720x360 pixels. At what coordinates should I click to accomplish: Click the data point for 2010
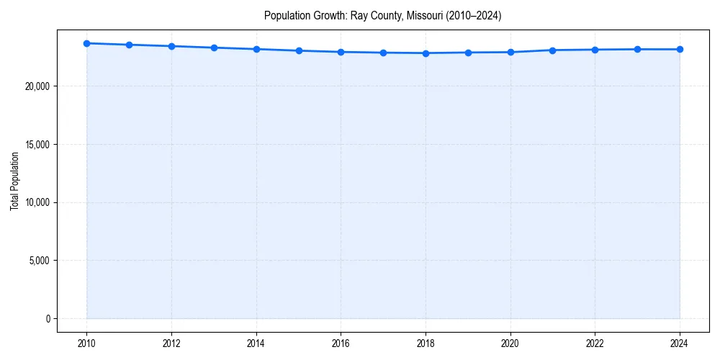[86, 43]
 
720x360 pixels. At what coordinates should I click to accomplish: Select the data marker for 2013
[214, 48]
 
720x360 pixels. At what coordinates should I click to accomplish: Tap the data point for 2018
[426, 53]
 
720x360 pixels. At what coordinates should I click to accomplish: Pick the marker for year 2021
[552, 50]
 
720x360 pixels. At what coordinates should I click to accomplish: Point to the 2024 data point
[680, 49]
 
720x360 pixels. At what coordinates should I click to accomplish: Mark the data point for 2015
[299, 50]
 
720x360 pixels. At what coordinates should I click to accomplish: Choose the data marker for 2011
[129, 45]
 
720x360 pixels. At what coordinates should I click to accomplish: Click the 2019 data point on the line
[468, 53]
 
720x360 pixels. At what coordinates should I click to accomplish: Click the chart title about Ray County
[382, 15]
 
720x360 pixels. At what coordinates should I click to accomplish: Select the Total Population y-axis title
[14, 181]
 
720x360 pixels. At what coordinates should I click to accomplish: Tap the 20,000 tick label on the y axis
[36, 86]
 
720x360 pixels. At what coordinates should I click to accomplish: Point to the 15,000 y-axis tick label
[36, 144]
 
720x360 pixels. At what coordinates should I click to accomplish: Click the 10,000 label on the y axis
[36, 202]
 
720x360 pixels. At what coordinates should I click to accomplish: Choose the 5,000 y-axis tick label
[38, 261]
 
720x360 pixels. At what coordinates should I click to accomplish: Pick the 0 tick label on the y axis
[47, 318]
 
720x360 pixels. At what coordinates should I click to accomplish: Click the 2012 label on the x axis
[171, 343]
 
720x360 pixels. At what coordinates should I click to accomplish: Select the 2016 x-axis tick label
[341, 343]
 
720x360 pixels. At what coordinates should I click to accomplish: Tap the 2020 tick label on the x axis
[510, 343]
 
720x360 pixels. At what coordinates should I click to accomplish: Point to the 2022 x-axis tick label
[595, 343]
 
